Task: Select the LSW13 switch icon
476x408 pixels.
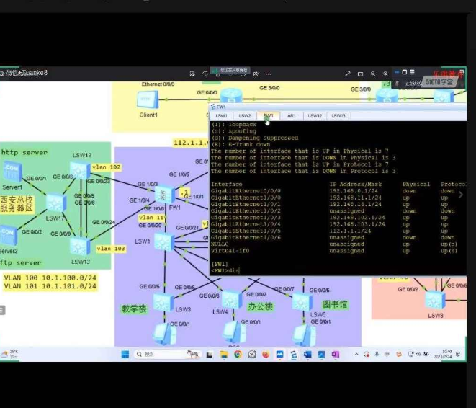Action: [x=79, y=246]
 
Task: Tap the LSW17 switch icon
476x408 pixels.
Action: [x=55, y=203]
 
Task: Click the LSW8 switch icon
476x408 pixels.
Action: [x=435, y=300]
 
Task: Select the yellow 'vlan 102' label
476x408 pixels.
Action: [x=106, y=167]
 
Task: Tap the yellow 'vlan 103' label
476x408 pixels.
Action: [x=110, y=249]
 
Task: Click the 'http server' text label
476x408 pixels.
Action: [x=24, y=152]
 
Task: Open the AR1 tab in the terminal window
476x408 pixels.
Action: [x=292, y=115]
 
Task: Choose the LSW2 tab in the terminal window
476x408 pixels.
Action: [x=245, y=115]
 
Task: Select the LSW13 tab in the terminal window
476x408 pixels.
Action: [x=338, y=115]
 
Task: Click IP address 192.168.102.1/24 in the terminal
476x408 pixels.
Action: [x=354, y=217]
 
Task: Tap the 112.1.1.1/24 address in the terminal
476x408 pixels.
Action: [x=349, y=230]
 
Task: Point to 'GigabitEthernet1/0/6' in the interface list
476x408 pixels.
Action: [x=246, y=237]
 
